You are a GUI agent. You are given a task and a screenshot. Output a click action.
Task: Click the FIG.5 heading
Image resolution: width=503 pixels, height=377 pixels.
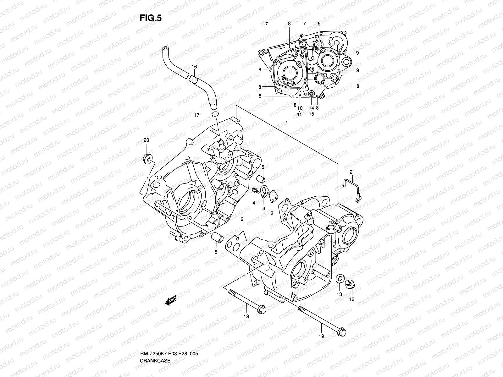tap(151, 18)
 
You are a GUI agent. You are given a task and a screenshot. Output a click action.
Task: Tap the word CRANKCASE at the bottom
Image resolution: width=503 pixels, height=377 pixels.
tap(155, 361)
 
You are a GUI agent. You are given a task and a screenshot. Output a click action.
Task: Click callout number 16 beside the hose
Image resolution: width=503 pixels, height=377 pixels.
tap(194, 67)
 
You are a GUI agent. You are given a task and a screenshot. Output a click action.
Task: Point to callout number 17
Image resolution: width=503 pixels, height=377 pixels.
tap(196, 115)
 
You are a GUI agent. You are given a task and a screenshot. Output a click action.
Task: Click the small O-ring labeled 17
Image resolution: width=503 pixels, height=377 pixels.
tap(55, 114)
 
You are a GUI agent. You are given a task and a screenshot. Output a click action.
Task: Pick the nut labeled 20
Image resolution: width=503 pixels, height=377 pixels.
tap(147, 158)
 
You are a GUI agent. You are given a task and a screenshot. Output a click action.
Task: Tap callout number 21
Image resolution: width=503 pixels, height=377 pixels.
tap(352, 172)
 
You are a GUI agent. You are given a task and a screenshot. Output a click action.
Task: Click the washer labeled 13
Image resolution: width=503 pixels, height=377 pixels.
tap(340, 279)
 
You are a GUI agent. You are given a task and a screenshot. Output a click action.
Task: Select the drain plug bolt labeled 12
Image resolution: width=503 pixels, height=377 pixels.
tap(350, 284)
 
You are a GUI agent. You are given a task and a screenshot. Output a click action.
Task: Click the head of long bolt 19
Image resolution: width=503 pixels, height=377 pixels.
tap(342, 332)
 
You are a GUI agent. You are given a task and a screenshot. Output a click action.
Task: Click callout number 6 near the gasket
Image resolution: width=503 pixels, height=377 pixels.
tap(242, 219)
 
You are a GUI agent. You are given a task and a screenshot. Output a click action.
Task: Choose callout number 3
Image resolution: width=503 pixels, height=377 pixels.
tap(264, 209)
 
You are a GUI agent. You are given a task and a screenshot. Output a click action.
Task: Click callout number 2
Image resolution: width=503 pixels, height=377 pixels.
tap(272, 213)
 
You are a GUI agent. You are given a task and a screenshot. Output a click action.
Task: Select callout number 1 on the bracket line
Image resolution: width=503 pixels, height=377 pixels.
tap(286, 123)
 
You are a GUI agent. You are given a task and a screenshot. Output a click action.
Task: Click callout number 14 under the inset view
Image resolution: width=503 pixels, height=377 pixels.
tap(311, 108)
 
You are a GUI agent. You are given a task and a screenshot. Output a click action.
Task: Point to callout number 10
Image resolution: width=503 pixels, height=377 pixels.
tap(300, 108)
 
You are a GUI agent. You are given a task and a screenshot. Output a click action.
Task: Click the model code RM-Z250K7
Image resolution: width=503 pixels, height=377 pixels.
tap(153, 354)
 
